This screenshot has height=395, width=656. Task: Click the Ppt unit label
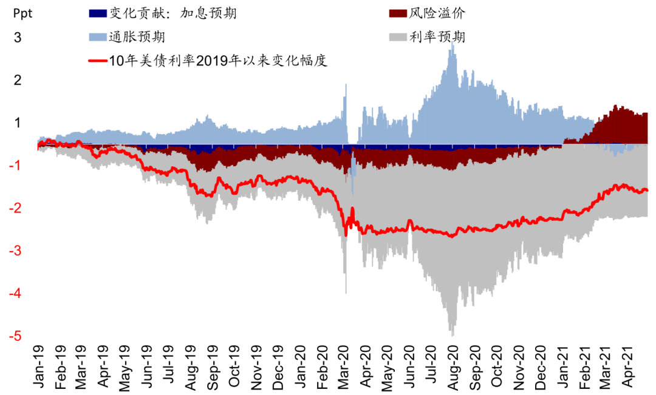click(21, 14)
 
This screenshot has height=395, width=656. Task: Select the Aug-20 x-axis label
click(453, 366)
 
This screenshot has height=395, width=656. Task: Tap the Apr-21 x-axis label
click(626, 366)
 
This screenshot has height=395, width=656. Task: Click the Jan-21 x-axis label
click(562, 366)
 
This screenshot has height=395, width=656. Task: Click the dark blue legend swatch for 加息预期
click(98, 13)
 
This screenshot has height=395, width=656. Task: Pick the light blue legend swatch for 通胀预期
click(98, 37)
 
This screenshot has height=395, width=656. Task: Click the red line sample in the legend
click(98, 61)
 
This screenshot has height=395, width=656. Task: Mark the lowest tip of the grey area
click(452, 336)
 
